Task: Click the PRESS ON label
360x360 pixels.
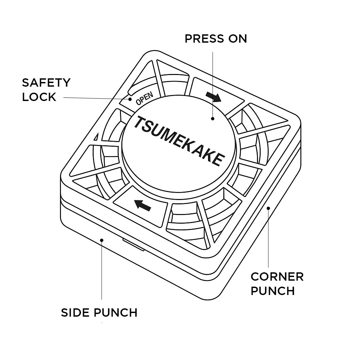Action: [x=216, y=39]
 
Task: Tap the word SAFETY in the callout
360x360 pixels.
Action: [x=46, y=83]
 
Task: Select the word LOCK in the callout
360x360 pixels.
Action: [x=39, y=97]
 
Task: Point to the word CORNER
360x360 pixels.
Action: [x=277, y=277]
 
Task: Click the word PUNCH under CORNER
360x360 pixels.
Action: [x=273, y=291]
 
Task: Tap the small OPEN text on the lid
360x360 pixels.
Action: [x=145, y=98]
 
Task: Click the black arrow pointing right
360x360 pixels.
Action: [x=213, y=97]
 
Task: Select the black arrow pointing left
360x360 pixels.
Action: [x=142, y=204]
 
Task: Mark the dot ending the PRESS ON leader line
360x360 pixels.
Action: [x=212, y=118]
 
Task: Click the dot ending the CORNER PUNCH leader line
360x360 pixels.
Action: [x=268, y=208]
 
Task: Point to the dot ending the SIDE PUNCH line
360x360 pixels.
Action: [x=102, y=239]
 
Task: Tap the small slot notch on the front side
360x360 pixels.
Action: [x=133, y=245]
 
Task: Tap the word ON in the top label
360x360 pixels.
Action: [x=238, y=39]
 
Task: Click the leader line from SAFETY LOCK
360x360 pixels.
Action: [x=97, y=98]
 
